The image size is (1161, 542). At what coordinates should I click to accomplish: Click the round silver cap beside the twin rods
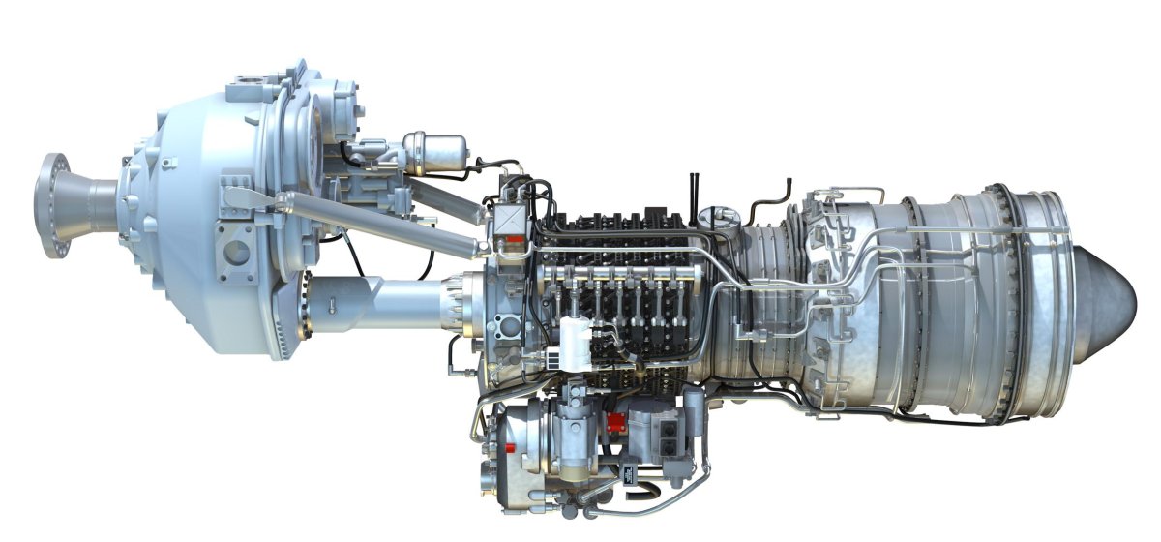pos(718,214)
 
